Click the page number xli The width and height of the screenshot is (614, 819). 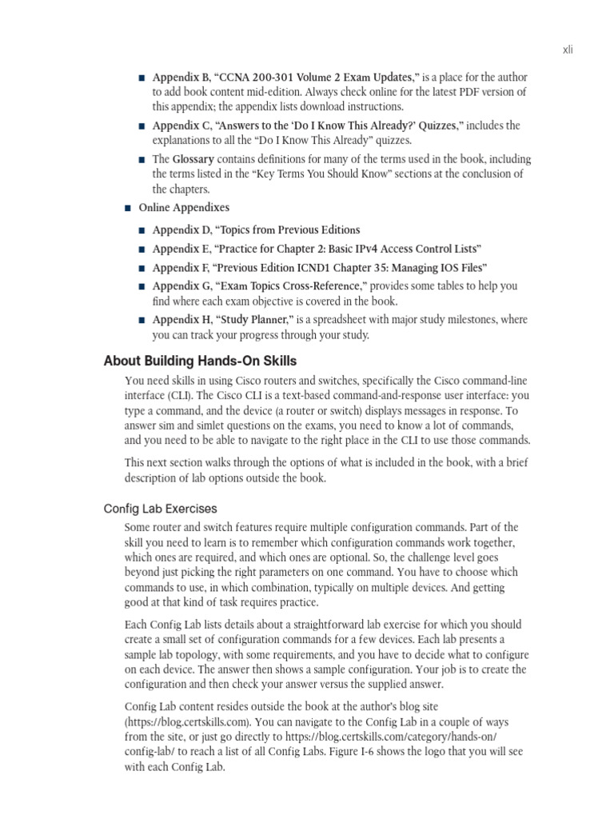[568, 50]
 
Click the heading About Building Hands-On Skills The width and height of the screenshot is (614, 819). [200, 361]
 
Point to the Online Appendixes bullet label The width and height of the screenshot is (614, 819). [184, 208]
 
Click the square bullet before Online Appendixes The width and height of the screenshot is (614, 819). [128, 209]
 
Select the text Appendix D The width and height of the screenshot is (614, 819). [181, 230]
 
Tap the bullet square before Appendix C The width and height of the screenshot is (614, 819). [142, 126]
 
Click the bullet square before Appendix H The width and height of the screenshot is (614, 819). [142, 321]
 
